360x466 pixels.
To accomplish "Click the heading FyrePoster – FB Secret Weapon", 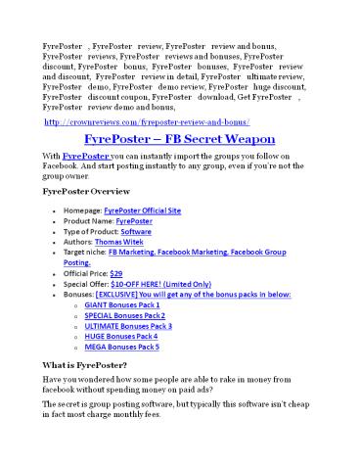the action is pos(179,139).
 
